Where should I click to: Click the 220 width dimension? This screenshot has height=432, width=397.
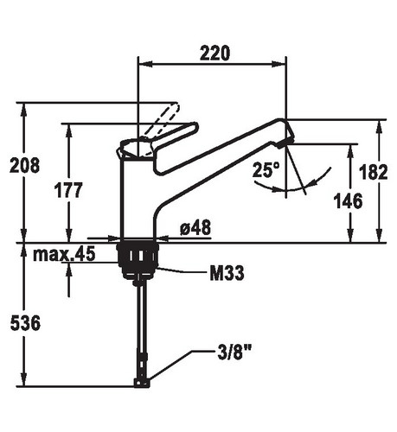pyautogui.click(x=215, y=53)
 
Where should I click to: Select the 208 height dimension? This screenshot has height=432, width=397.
pyautogui.click(x=24, y=165)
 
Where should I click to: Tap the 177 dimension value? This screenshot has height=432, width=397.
pyautogui.click(x=68, y=190)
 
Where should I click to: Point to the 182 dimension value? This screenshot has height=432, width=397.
pyautogui.click(x=373, y=172)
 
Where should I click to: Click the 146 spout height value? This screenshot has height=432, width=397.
pyautogui.click(x=348, y=200)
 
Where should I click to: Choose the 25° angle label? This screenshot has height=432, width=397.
pyautogui.click(x=266, y=169)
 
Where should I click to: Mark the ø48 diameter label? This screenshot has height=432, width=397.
pyautogui.click(x=195, y=227)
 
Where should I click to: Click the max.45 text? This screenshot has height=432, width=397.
pyautogui.click(x=64, y=254)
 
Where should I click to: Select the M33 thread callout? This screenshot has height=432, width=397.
pyautogui.click(x=227, y=273)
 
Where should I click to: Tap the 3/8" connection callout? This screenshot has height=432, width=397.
pyautogui.click(x=234, y=353)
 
